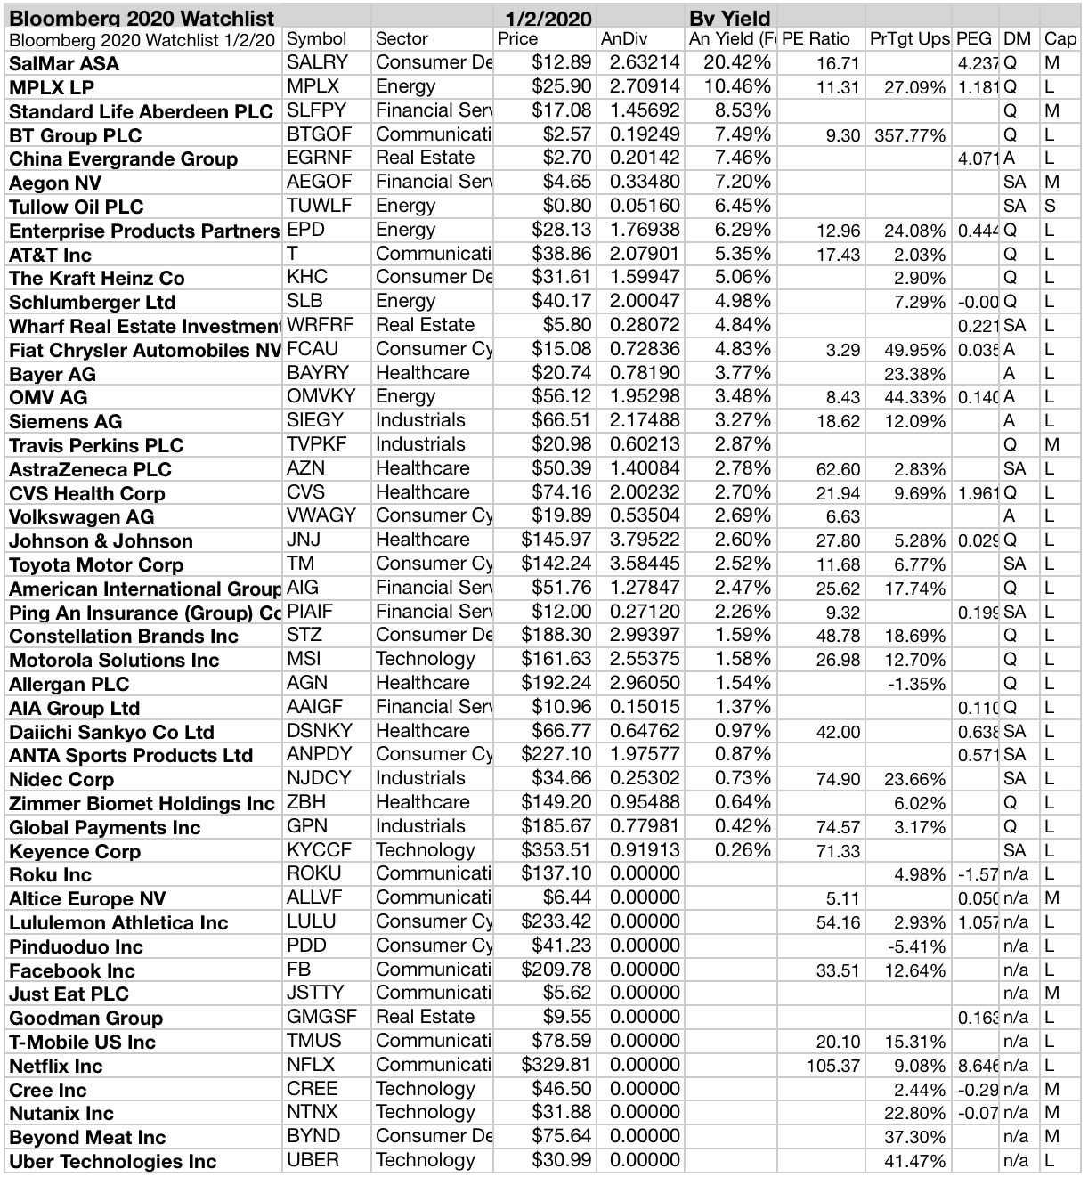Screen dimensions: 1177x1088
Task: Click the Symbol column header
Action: coord(316,39)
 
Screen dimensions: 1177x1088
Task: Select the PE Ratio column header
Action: coord(816,39)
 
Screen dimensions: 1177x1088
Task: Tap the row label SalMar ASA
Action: coord(64,63)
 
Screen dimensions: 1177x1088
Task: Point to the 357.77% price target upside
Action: coord(909,135)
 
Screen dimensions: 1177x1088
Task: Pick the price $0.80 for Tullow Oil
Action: coord(570,206)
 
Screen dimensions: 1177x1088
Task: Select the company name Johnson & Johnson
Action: coord(101,541)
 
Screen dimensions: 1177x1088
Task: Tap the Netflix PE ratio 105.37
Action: coord(833,1066)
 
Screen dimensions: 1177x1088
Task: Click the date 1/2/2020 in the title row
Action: coord(548,17)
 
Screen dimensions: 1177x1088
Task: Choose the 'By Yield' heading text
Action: coord(729,17)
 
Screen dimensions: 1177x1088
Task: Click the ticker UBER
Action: coord(313,1160)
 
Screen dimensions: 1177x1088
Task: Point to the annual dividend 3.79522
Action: coord(645,540)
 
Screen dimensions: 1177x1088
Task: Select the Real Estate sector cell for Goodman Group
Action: coord(425,1017)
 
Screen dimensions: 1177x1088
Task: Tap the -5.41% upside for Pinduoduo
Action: coord(917,946)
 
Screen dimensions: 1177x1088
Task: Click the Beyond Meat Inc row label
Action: coord(87,1137)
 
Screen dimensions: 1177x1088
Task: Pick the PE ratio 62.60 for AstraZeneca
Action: coord(838,469)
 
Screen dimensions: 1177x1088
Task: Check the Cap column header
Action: coord(1060,39)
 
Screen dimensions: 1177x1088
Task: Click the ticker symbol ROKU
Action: coord(314,873)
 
